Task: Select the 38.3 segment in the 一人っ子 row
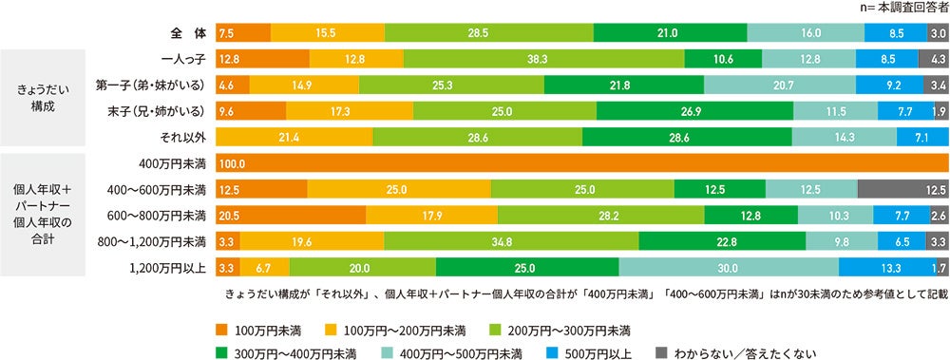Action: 543,59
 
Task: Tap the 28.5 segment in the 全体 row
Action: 488,32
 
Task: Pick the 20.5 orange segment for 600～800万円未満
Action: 291,216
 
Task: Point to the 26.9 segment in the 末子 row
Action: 694,110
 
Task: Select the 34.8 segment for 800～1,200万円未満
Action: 512,241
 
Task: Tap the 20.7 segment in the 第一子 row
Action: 779,85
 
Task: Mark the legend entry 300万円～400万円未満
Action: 296,352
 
